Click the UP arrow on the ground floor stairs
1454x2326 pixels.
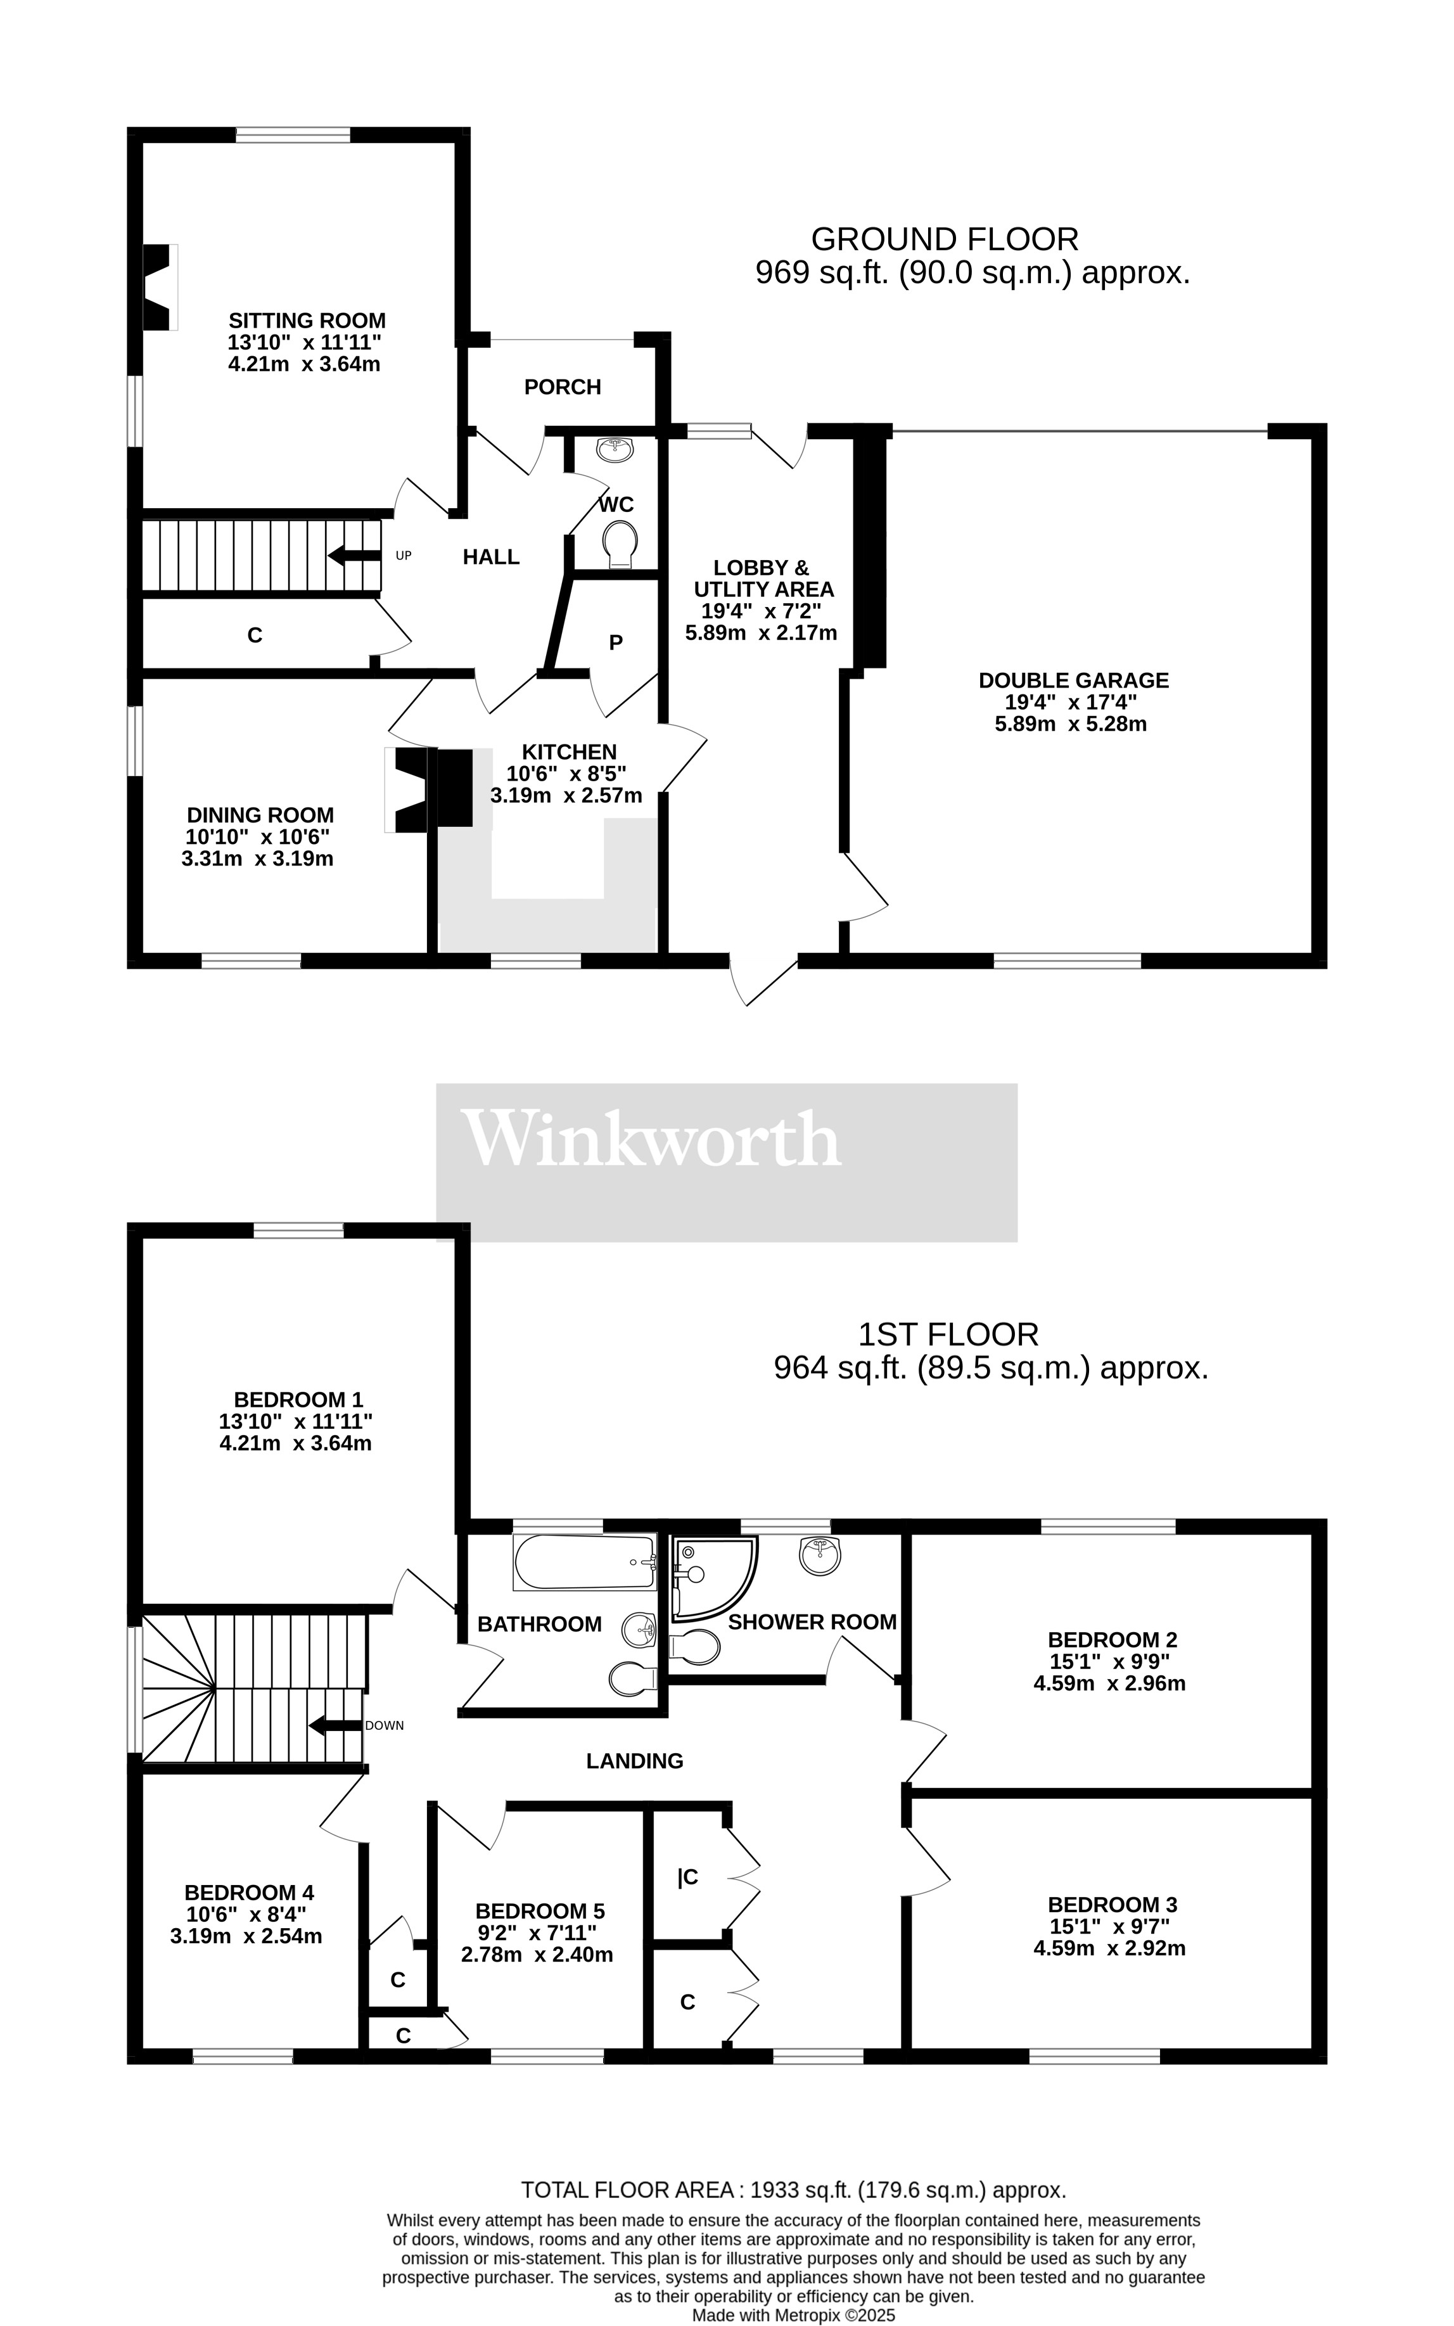tap(354, 556)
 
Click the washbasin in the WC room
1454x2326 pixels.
tap(613, 449)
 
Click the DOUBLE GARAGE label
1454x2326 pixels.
tap(1073, 681)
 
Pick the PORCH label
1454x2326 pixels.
tap(563, 387)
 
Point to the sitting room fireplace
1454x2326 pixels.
tap(158, 286)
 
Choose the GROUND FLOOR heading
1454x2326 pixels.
tap(945, 238)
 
